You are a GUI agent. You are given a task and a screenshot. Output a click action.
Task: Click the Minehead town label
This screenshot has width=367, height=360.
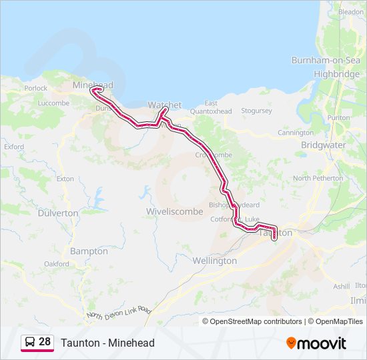click(x=93, y=85)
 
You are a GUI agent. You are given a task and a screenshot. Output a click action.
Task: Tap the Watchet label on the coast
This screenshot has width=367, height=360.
click(x=164, y=105)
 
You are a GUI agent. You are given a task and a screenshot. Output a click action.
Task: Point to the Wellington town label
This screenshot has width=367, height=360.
click(x=214, y=261)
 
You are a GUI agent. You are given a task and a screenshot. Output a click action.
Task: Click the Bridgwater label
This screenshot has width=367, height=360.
click(x=323, y=145)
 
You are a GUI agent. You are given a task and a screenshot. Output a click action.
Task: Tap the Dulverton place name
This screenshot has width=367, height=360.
click(x=58, y=213)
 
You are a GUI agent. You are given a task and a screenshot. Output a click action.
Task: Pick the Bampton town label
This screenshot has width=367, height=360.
click(x=89, y=251)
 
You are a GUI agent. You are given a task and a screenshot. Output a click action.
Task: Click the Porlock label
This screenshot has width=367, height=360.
click(x=35, y=88)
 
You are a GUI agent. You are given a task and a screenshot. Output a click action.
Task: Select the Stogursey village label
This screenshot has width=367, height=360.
click(x=256, y=111)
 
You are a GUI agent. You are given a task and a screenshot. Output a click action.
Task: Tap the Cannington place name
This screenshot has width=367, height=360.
click(x=296, y=133)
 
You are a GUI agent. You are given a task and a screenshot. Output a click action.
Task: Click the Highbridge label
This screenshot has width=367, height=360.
click(x=336, y=74)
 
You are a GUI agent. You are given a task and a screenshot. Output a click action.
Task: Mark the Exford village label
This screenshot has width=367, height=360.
click(x=13, y=146)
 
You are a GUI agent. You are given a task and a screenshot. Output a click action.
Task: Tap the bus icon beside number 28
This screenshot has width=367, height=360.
click(x=30, y=342)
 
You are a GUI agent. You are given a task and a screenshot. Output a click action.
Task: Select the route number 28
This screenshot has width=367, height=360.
click(x=45, y=342)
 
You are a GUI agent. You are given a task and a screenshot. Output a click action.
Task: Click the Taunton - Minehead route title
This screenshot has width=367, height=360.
click(x=107, y=343)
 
